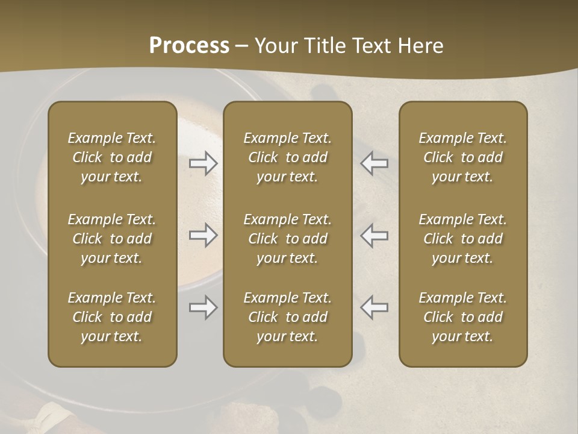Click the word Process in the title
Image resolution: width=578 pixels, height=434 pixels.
189,46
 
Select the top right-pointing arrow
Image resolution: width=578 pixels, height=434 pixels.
204,163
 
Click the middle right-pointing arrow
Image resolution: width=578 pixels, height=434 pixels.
204,236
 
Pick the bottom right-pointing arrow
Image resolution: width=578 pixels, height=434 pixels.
204,308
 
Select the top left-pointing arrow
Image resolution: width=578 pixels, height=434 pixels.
374,163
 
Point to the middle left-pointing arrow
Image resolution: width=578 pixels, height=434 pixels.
374,236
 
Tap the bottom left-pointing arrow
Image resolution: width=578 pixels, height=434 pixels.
374,308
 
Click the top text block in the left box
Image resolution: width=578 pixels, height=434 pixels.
112,157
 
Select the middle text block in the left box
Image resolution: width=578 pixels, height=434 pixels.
112,239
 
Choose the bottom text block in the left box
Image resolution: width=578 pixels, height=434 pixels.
112,317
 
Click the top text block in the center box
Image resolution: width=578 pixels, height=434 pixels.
288,157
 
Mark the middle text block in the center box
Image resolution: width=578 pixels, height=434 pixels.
288,239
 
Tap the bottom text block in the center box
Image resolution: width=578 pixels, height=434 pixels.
288,317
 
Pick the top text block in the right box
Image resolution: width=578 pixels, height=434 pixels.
463,157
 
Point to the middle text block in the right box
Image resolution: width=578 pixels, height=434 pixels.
463,239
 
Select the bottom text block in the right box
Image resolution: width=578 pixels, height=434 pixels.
463,317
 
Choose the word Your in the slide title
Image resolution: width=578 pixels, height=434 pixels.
275,46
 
